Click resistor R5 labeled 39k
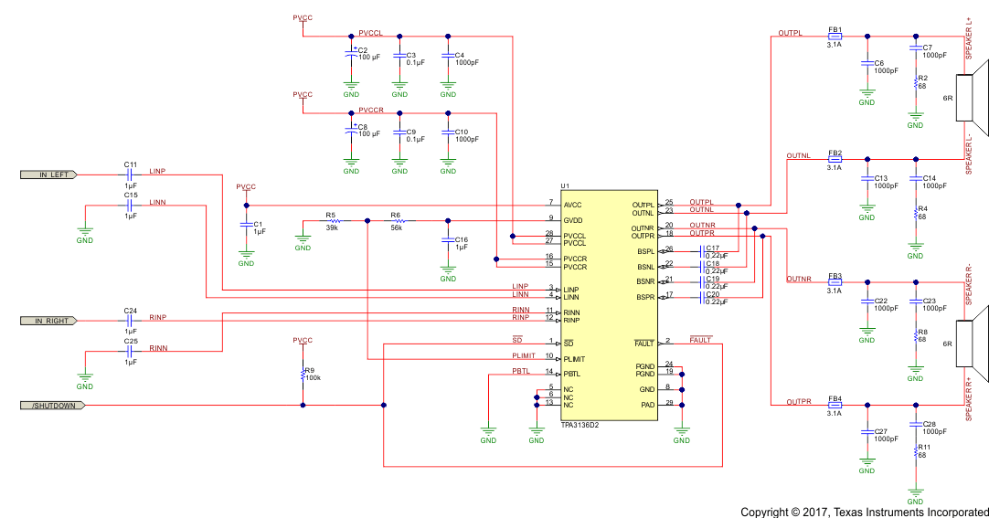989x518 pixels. point(335,221)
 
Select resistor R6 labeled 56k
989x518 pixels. point(399,221)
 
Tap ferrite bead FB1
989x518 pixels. point(835,37)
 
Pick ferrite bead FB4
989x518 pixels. point(835,406)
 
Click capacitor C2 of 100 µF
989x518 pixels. point(351,54)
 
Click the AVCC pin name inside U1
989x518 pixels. point(573,205)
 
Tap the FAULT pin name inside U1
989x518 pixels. point(643,343)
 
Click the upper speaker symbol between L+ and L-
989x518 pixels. point(971,90)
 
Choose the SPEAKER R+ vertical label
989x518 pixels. point(969,399)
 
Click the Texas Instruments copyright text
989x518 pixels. point(864,512)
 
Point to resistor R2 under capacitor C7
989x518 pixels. point(916,83)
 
